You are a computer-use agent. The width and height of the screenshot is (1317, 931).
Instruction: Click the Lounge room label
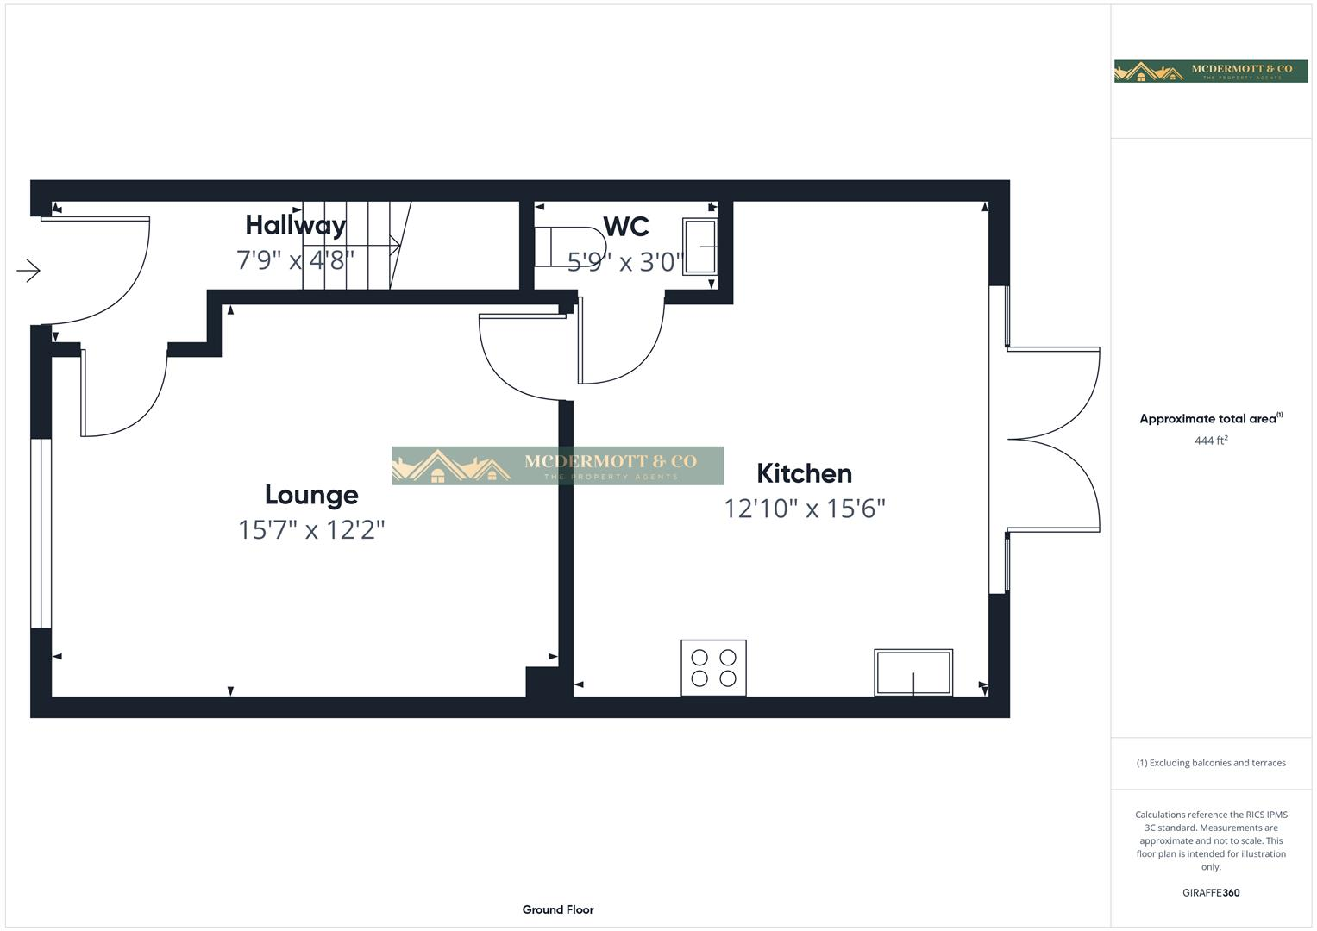click(311, 495)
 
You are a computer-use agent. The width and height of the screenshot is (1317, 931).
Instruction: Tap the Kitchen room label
click(804, 473)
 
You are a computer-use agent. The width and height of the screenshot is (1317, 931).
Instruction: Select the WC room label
click(625, 227)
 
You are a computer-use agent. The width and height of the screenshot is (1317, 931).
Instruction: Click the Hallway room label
click(295, 225)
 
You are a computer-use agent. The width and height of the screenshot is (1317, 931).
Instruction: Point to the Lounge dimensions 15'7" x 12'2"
click(311, 529)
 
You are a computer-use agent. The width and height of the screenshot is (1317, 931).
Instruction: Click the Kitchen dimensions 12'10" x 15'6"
click(804, 509)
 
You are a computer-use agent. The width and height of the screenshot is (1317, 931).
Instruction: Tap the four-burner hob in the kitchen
click(713, 667)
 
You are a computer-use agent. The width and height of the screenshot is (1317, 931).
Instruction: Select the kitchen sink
click(913, 672)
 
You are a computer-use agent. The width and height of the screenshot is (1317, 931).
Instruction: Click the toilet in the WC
click(568, 247)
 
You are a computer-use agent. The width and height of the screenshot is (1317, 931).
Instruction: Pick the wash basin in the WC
click(699, 247)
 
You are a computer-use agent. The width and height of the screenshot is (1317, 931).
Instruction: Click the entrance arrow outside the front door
click(28, 271)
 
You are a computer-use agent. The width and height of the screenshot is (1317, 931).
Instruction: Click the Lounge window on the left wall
click(41, 534)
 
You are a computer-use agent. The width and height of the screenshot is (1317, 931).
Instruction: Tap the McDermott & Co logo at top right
click(1210, 72)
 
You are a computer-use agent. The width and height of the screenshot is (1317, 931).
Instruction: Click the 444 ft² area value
click(1210, 441)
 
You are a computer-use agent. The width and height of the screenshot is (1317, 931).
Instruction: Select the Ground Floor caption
click(558, 909)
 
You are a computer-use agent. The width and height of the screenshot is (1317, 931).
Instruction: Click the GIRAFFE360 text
click(1210, 892)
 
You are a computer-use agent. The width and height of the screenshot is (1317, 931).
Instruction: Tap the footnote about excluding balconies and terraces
click(1210, 763)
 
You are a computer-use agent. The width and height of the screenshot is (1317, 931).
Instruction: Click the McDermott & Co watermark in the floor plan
click(558, 465)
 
